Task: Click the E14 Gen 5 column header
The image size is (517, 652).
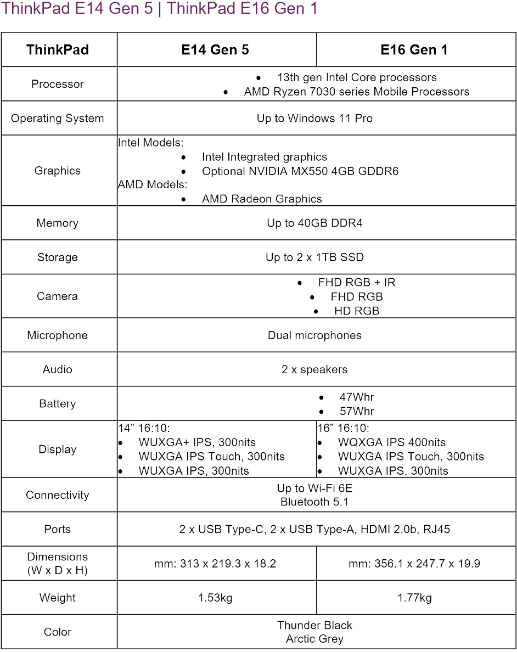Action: coord(215,50)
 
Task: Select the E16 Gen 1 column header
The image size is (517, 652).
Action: coord(414,50)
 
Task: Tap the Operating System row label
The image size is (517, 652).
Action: coord(58,119)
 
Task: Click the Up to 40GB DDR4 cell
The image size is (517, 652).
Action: coord(314,223)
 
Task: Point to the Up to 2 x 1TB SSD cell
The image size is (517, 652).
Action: coord(314,257)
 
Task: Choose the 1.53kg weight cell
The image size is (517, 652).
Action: coord(215,598)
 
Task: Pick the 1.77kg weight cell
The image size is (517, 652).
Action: coord(414,598)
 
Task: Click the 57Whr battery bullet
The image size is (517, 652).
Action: coord(357,411)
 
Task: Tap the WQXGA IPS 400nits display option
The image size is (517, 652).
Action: coord(391,442)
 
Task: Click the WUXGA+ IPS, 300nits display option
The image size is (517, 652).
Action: coord(197,442)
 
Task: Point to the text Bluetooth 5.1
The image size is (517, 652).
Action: coord(314,502)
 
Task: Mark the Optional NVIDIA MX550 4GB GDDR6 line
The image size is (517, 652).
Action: coord(300,171)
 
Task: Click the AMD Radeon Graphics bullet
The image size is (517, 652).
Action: coord(262,199)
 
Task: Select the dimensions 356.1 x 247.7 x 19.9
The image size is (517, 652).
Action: coord(414,564)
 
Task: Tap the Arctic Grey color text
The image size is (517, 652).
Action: coord(314,639)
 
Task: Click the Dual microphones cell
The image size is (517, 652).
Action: coord(314,335)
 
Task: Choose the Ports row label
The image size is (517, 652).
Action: coord(58,530)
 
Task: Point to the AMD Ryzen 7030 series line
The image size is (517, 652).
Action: coord(357,92)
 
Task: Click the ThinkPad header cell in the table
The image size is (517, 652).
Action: coord(58,50)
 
